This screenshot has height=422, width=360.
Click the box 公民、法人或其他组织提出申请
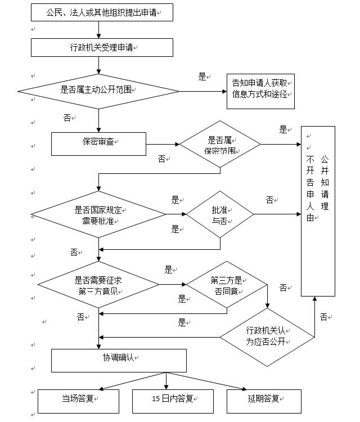(x=102, y=12)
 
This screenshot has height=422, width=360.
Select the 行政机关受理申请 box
(x=102, y=47)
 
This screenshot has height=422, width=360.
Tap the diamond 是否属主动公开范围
(x=98, y=92)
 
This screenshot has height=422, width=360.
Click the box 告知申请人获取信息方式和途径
(x=260, y=92)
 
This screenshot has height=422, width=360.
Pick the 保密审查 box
(x=98, y=144)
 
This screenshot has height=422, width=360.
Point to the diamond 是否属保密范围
(x=220, y=144)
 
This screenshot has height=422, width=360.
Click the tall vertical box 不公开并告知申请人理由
(x=318, y=211)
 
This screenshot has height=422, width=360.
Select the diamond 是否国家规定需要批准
(x=98, y=214)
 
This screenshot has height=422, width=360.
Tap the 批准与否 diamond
(x=220, y=214)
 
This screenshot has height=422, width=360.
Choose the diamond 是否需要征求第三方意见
(x=98, y=285)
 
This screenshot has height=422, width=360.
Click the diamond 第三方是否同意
(x=227, y=285)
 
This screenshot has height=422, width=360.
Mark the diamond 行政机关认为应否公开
(x=267, y=337)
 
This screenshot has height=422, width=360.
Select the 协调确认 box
(x=119, y=361)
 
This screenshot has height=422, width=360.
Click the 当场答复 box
(x=78, y=401)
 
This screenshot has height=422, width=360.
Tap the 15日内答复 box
(x=173, y=401)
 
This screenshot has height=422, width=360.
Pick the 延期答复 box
(x=264, y=401)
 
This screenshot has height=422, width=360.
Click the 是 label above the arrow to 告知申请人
(x=202, y=77)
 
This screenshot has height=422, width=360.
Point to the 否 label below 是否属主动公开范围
(x=67, y=118)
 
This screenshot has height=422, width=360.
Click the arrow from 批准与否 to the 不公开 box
(x=277, y=214)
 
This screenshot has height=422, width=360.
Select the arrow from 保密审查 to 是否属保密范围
(x=163, y=144)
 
